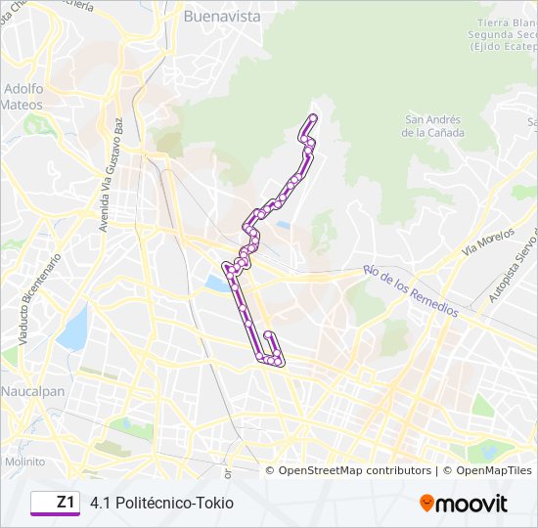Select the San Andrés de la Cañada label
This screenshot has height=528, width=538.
[x=433, y=126]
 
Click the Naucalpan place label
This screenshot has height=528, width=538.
[x=32, y=391]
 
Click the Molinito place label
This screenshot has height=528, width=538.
[x=23, y=461]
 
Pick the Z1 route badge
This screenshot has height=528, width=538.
[x=55, y=503]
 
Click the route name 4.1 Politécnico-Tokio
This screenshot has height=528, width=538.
[x=161, y=504]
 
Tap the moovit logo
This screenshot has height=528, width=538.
[x=464, y=504]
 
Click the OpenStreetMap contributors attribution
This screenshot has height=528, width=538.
[x=354, y=470]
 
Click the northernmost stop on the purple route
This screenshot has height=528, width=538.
[x=313, y=117]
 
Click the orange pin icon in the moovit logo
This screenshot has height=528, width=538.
[x=426, y=504]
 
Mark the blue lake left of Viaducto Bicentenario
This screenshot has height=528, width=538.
[x=73, y=329]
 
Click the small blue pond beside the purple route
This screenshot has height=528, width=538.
[x=214, y=283]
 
